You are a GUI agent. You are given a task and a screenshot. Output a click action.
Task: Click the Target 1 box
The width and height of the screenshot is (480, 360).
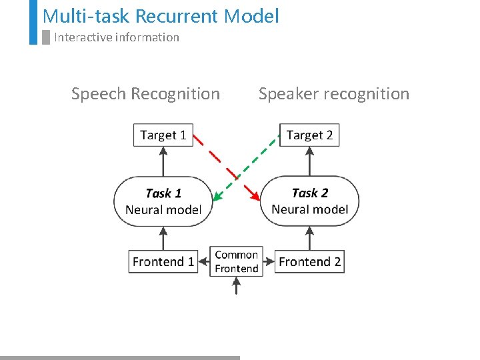(163, 135)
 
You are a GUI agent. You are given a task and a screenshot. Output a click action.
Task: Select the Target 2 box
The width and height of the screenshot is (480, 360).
(309, 135)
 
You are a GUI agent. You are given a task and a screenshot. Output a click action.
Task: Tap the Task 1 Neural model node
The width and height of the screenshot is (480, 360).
(163, 201)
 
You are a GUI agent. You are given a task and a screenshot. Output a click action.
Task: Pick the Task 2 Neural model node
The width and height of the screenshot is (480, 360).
(309, 201)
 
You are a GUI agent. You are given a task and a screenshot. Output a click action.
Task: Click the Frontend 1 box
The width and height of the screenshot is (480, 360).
(163, 261)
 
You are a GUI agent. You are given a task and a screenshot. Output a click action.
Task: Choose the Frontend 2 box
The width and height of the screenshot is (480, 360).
(309, 261)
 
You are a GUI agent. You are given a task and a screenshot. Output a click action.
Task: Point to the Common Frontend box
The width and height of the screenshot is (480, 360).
(236, 261)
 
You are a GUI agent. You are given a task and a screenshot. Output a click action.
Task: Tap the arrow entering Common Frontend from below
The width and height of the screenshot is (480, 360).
(236, 286)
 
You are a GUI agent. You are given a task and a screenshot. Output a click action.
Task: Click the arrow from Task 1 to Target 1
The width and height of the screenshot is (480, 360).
(163, 161)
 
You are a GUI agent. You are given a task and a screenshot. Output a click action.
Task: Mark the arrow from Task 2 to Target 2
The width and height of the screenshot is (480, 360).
(309, 161)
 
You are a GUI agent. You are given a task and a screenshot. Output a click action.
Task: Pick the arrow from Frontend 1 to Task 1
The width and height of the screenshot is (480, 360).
(163, 237)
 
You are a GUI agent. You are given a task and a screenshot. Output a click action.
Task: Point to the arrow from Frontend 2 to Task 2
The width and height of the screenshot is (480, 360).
(309, 237)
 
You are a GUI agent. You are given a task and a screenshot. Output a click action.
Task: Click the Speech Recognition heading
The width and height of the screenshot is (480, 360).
(145, 94)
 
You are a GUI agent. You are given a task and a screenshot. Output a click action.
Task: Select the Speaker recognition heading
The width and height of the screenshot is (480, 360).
(333, 94)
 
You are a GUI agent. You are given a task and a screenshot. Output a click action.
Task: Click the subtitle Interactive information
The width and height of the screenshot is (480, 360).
(117, 37)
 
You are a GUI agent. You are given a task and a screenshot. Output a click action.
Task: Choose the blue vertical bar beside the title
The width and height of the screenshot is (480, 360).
(33, 22)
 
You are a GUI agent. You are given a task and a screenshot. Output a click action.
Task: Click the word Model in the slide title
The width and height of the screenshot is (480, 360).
(252, 16)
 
